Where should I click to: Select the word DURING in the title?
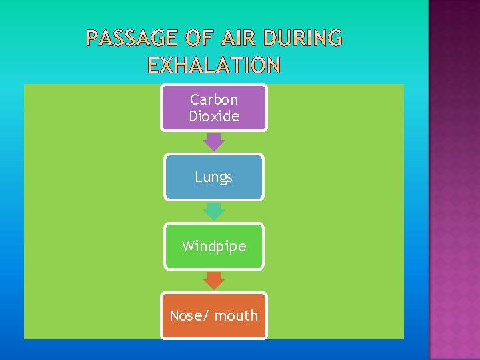[303, 39]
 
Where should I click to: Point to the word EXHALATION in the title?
[214, 65]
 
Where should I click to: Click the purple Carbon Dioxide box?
[213, 107]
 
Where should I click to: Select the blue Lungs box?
[213, 177]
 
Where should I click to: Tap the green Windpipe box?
[213, 246]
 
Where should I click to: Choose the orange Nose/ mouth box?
[213, 315]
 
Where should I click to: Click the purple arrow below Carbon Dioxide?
[213, 142]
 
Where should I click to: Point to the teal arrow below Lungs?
[213, 211]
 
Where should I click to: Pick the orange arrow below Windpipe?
[213, 281]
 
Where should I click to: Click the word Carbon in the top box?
[213, 99]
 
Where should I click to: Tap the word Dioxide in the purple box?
[213, 116]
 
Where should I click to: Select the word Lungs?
[213, 177]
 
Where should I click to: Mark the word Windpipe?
[213, 246]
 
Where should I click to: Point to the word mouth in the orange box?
[236, 315]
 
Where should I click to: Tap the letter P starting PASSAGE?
[93, 39]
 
